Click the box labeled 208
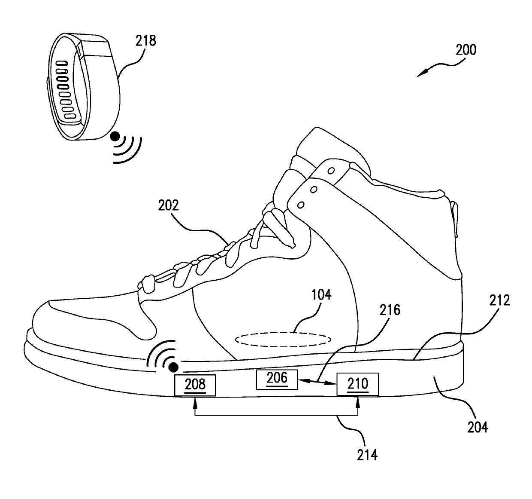[195, 385]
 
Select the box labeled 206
[277, 379]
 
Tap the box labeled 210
[358, 384]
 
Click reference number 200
[466, 50]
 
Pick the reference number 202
[169, 205]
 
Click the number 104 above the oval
[321, 295]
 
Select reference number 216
[390, 310]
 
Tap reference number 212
[500, 300]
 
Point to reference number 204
[478, 427]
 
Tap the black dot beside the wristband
[115, 137]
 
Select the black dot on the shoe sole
[174, 367]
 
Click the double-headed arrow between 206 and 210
[317, 382]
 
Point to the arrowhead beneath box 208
[195, 402]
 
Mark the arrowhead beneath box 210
[358, 402]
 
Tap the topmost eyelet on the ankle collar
[331, 171]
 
